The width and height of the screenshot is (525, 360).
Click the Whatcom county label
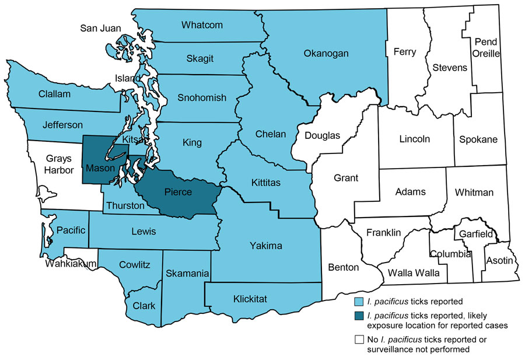202,25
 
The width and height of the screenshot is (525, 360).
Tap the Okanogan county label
326,54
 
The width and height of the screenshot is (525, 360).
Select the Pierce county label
178,193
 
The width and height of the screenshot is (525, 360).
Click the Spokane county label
478,139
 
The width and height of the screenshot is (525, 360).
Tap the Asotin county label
499,260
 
